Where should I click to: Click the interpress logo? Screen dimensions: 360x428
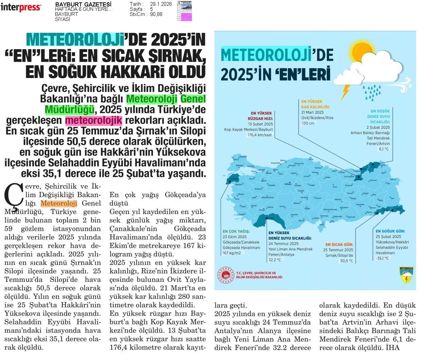point(21,7)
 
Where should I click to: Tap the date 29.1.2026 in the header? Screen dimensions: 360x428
point(161,4)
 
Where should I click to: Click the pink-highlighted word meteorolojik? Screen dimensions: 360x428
point(93,120)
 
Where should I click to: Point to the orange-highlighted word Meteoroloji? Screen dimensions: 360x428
point(59,204)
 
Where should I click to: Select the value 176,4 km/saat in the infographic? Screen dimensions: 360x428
point(260,135)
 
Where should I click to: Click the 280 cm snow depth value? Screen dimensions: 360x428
point(308,123)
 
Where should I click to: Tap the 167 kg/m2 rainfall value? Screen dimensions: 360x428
point(232,253)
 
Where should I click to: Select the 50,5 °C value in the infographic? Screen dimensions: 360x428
point(346,261)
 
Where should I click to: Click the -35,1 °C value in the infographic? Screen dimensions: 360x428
point(382,259)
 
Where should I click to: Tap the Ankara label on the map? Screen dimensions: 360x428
point(288,184)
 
